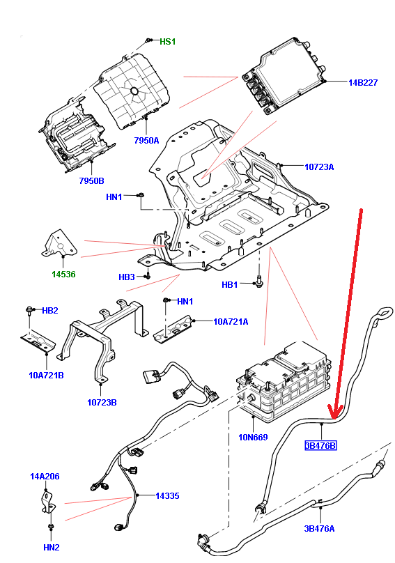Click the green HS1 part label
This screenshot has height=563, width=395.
pyautogui.click(x=167, y=42)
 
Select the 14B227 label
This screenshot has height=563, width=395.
pyautogui.click(x=363, y=83)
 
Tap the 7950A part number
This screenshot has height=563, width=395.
pyautogui.click(x=146, y=140)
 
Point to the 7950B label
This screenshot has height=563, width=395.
pyautogui.click(x=91, y=181)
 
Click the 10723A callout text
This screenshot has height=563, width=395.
pyautogui.click(x=319, y=167)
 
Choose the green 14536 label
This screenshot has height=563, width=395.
pyautogui.click(x=63, y=275)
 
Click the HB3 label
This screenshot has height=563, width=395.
pyautogui.click(x=126, y=277)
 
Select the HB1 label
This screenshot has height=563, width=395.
pyautogui.click(x=229, y=285)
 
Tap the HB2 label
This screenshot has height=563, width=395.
pyautogui.click(x=50, y=311)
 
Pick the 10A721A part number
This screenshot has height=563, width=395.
pyautogui.click(x=231, y=322)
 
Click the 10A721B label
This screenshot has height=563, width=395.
pyautogui.click(x=46, y=376)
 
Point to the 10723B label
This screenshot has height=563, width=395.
pyautogui.click(x=102, y=403)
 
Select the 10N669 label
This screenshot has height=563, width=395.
pyautogui.click(x=253, y=438)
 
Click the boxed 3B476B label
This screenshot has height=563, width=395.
pyautogui.click(x=321, y=445)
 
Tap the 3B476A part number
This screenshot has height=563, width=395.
pyautogui.click(x=319, y=529)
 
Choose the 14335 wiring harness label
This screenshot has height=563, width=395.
pyautogui.click(x=167, y=496)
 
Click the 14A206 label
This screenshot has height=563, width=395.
pyautogui.click(x=45, y=477)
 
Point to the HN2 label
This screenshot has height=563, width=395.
pyautogui.click(x=52, y=548)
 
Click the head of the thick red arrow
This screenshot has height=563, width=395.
pyautogui.click(x=334, y=417)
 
